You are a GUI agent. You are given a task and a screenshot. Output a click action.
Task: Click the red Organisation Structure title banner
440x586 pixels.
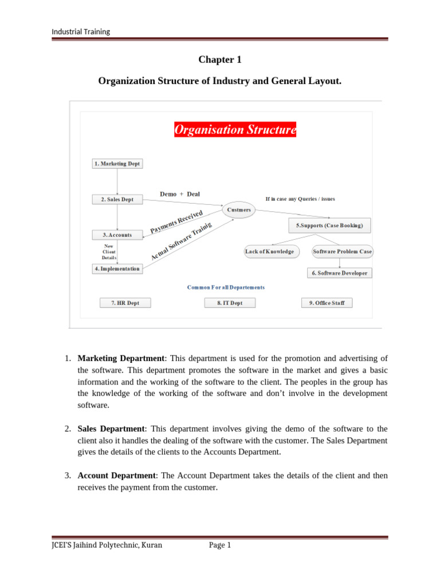[x=235, y=130]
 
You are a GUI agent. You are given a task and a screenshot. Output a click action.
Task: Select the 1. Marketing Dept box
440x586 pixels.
[x=117, y=164]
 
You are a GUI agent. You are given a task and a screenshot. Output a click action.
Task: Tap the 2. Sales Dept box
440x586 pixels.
[x=117, y=199]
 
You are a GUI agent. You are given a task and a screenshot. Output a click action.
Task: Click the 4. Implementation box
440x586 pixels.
[x=117, y=268]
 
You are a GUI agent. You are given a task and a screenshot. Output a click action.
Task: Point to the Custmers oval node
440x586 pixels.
[x=239, y=210]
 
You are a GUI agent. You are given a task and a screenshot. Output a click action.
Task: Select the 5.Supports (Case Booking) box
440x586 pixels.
[x=329, y=225]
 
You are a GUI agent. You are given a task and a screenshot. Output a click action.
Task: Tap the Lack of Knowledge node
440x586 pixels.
[x=269, y=251]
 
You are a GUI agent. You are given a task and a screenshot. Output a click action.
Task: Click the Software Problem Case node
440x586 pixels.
[x=342, y=251]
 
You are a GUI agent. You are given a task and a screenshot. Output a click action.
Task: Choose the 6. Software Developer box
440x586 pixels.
[x=340, y=273]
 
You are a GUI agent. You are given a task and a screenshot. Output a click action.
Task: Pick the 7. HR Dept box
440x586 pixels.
[x=125, y=303]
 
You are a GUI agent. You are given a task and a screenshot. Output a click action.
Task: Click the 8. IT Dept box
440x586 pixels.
[x=229, y=303]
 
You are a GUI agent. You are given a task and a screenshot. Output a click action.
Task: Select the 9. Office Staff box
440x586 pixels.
[x=327, y=303]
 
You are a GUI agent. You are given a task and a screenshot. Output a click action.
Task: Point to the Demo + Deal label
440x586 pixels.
[x=179, y=194]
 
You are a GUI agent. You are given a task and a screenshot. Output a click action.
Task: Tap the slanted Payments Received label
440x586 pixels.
[x=176, y=221]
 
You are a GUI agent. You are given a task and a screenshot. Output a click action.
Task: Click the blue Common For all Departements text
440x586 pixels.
[x=226, y=287]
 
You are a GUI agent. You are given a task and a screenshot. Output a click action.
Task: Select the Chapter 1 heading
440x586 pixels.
[x=217, y=60]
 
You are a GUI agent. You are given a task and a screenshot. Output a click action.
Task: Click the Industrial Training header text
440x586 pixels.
[x=81, y=31]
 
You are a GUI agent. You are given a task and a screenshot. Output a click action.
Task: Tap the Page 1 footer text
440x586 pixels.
[x=220, y=545]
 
